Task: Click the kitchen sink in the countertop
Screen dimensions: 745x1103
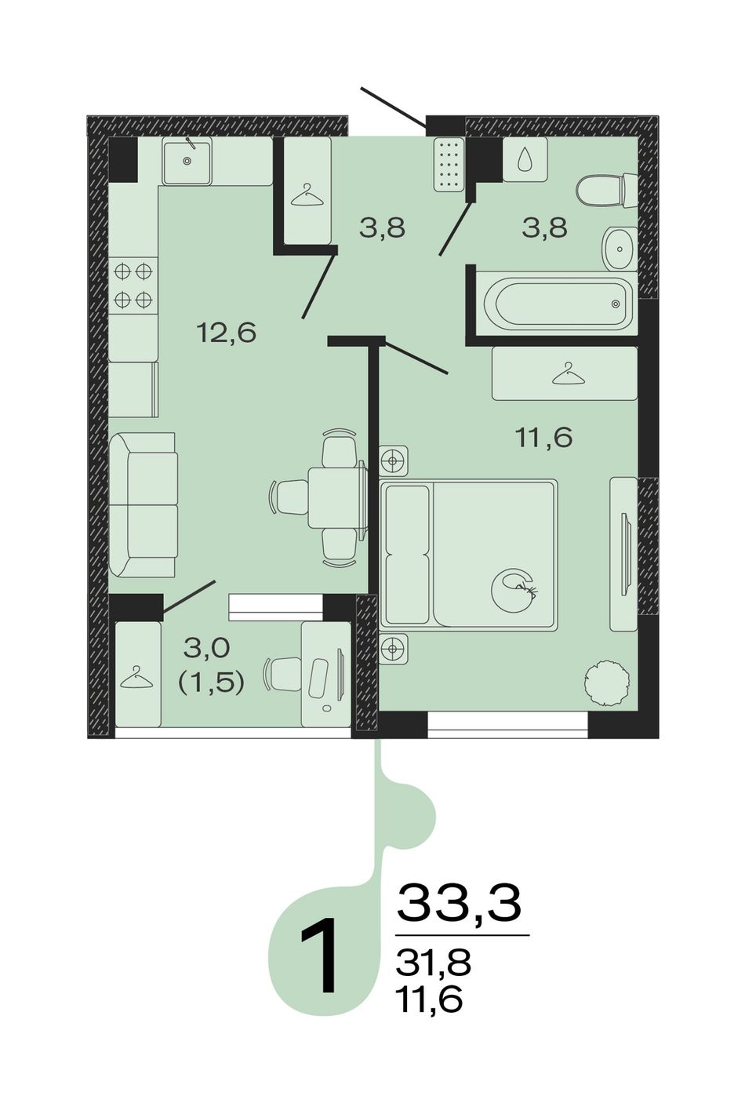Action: tap(187, 161)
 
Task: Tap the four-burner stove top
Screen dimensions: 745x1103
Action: tap(133, 285)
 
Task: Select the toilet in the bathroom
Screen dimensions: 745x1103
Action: tap(607, 191)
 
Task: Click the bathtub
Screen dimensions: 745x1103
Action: tap(558, 304)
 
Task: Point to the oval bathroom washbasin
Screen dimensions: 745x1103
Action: tap(619, 248)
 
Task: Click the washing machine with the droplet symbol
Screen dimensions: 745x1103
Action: tap(525, 159)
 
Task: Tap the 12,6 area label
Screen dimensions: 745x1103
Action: tap(227, 333)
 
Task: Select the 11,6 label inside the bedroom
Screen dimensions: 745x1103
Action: tap(543, 437)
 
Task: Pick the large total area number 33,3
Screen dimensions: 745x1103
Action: tap(459, 903)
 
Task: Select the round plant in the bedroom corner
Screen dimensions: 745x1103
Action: tap(606, 681)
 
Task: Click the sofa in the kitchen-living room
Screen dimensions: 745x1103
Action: tap(143, 504)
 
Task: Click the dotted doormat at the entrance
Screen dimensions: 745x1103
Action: tap(449, 164)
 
